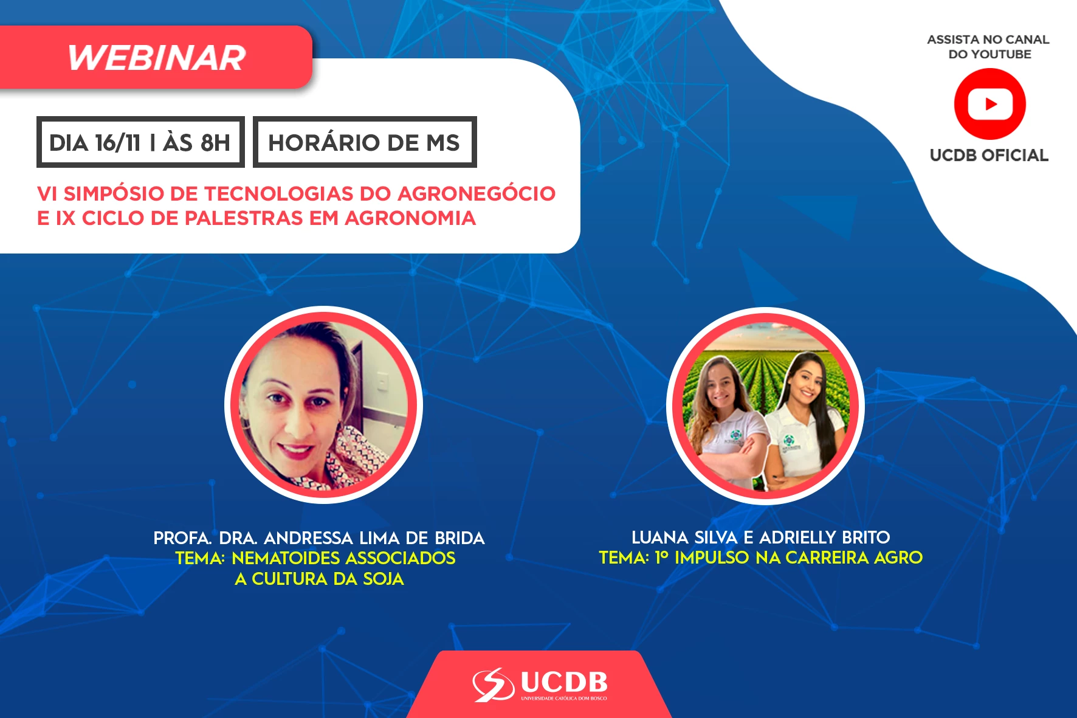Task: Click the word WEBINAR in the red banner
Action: point(157,58)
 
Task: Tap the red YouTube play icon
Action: point(989,104)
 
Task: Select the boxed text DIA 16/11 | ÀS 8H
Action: point(140,142)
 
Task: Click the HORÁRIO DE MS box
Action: point(365,142)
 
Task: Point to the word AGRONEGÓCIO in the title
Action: point(477,193)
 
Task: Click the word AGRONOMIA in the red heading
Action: point(410,218)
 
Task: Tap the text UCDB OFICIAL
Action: point(989,155)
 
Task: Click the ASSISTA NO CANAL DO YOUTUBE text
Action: point(989,47)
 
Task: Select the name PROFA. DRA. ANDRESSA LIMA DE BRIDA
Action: point(319,538)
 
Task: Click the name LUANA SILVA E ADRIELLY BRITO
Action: point(761,537)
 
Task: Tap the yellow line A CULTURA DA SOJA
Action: point(320,579)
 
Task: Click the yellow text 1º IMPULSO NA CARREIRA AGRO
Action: point(788,557)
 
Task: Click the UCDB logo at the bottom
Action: point(540,685)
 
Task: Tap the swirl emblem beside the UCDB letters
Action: point(494,685)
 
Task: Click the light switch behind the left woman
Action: point(383,381)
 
